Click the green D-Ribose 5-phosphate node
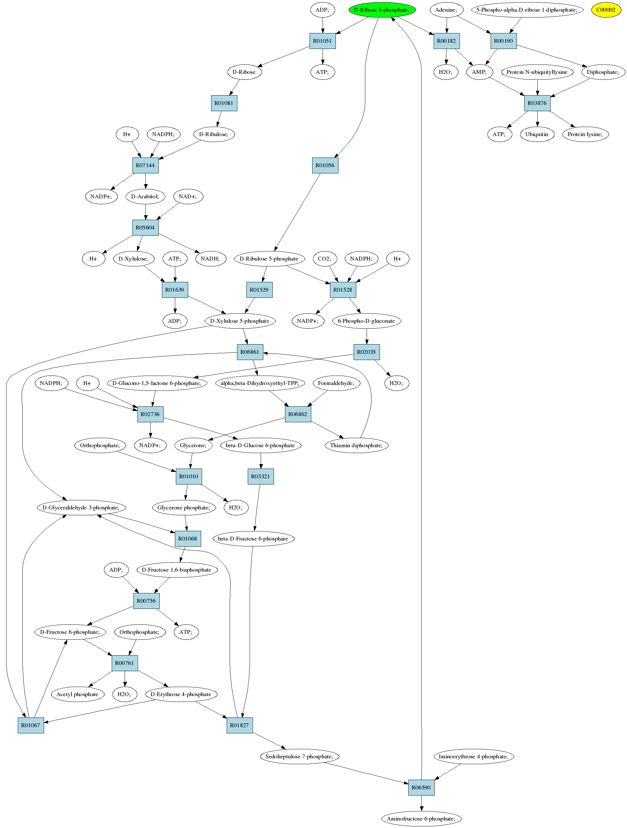[x=382, y=10]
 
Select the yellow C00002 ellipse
[x=606, y=10]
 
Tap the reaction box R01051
[x=323, y=41]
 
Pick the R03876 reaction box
[x=537, y=103]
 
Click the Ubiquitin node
[x=537, y=134]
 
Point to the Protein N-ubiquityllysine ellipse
[x=537, y=72]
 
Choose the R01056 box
[x=325, y=165]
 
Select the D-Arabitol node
[x=145, y=196]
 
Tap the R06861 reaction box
[x=250, y=352]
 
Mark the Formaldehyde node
[x=336, y=383]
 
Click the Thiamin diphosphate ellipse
[x=357, y=445]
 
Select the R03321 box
[x=261, y=476]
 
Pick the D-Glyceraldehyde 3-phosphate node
[x=81, y=507]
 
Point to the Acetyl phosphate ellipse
[x=77, y=694]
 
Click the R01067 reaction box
[x=31, y=725]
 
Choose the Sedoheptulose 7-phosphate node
[x=299, y=756]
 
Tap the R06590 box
[x=421, y=787]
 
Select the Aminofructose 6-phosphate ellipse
[x=421, y=818]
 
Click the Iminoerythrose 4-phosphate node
[x=473, y=756]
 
